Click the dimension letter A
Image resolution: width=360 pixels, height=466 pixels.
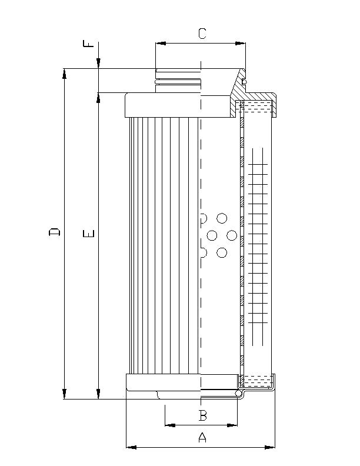tap(202, 437)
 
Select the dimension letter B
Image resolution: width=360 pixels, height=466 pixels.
tap(202, 415)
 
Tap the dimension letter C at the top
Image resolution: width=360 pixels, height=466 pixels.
tap(202, 34)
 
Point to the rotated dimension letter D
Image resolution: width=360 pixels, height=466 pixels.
tap(54, 233)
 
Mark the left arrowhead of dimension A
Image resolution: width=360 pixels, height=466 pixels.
tap(131, 448)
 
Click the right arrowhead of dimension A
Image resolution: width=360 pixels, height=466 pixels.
tap(271, 448)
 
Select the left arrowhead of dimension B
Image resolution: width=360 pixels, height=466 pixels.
tap(169, 424)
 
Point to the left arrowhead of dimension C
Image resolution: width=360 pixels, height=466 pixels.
tap(159, 43)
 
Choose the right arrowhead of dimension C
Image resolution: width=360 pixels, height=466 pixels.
tap(241, 43)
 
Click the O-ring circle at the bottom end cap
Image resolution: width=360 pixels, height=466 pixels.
tap(239, 393)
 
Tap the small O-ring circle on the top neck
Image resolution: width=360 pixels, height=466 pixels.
tap(245, 81)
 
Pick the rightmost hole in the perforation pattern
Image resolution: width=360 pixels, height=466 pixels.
tap(232, 235)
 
